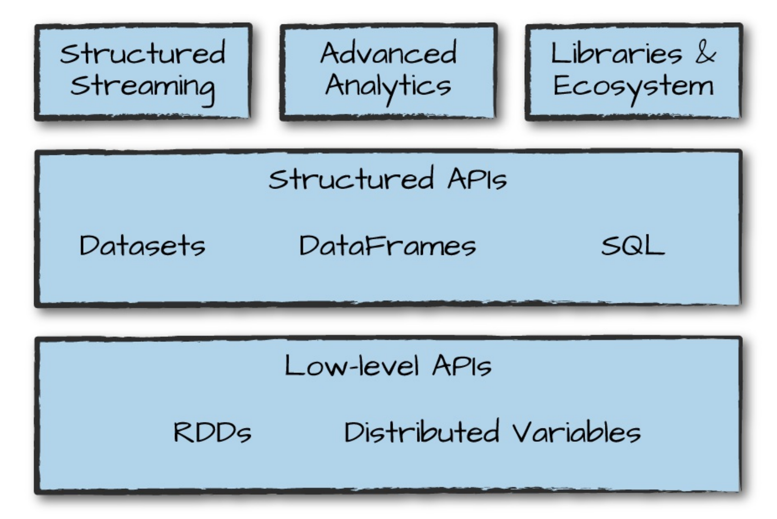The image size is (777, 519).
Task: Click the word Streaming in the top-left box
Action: tap(142, 87)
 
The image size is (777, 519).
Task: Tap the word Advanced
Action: tap(388, 53)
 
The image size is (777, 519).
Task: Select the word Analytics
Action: tap(388, 86)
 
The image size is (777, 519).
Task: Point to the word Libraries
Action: tap(616, 53)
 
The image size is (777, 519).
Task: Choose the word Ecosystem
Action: tap(634, 86)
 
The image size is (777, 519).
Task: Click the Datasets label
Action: tap(142, 245)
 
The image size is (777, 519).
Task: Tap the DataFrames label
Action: tap(387, 245)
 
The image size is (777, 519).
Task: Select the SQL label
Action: tap(633, 245)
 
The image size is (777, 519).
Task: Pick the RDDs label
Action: tap(213, 432)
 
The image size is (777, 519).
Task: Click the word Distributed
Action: tap(421, 432)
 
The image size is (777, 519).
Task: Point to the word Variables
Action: tap(576, 432)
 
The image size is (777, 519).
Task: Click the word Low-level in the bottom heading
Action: tap(352, 366)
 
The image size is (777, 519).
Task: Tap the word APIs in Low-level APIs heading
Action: tap(462, 366)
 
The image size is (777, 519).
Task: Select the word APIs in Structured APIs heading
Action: tap(477, 179)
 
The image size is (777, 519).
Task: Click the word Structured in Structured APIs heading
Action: tap(351, 179)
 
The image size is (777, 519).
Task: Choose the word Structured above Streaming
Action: tap(142, 53)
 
